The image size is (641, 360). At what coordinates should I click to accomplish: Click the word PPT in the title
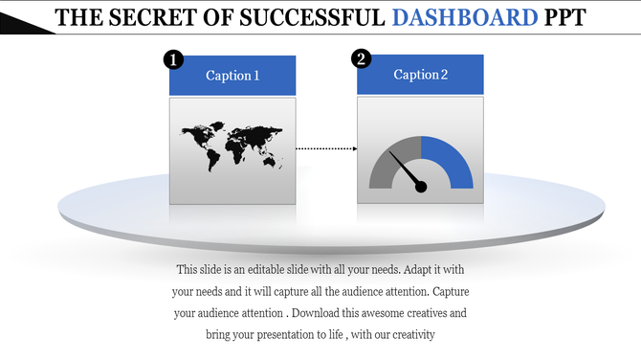point(564,17)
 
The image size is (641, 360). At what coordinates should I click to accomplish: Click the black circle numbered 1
point(172,60)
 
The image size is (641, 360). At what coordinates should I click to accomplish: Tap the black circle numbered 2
point(361,59)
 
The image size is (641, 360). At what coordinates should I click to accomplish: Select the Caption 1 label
point(232,76)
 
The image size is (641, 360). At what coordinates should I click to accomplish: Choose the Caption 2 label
point(420,75)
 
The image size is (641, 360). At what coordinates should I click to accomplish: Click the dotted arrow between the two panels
point(325,148)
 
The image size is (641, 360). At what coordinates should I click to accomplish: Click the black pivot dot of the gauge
point(420,186)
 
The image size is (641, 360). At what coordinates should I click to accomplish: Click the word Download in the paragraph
point(323,312)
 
